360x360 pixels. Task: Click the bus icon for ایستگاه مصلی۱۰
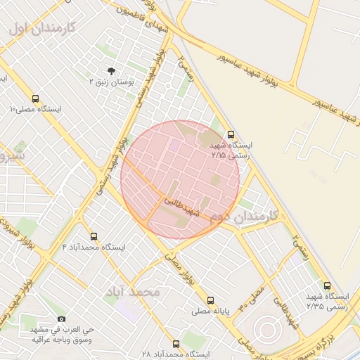tap(36, 98)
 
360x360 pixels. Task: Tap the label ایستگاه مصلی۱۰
tap(36, 110)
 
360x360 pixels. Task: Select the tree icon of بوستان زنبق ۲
tap(110, 70)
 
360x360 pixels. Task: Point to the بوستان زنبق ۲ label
tap(110, 82)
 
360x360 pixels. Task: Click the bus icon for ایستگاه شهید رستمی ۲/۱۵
tap(231, 134)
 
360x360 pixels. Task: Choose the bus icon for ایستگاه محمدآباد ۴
tap(94, 236)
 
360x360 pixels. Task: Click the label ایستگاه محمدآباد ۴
tap(94, 247)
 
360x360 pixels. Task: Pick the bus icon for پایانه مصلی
tap(210, 300)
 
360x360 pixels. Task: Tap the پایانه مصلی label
tap(210, 310)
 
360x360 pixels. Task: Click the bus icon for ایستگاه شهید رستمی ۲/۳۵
tap(327, 285)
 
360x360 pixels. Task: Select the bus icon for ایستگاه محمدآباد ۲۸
tap(175, 345)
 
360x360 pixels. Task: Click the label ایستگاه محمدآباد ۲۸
tap(175, 355)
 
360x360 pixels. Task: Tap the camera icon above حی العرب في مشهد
tap(62, 319)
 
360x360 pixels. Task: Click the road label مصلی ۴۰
tap(251, 298)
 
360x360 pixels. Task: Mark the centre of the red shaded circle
tap(180, 180)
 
